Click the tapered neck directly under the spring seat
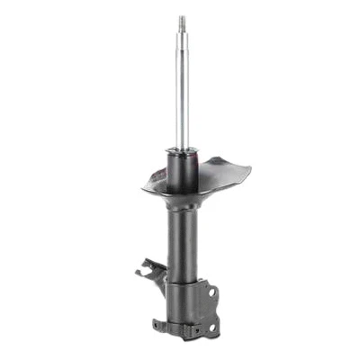coord(183,205)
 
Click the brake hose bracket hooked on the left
coord(148,268)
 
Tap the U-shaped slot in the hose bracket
coord(145,266)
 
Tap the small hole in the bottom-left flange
coord(159,323)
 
